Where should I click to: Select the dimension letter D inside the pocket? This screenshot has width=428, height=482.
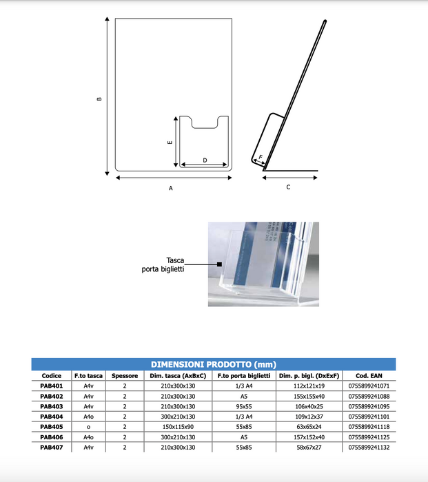pos(205,160)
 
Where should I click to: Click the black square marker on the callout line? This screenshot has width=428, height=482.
pos(218,264)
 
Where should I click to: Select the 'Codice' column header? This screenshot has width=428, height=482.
pos(52,376)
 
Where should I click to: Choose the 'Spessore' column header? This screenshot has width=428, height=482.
pos(125,376)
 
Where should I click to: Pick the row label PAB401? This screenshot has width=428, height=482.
pos(52,386)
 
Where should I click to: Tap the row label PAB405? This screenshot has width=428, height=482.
pos(52,426)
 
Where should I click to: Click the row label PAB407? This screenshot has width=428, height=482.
pos(52,447)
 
